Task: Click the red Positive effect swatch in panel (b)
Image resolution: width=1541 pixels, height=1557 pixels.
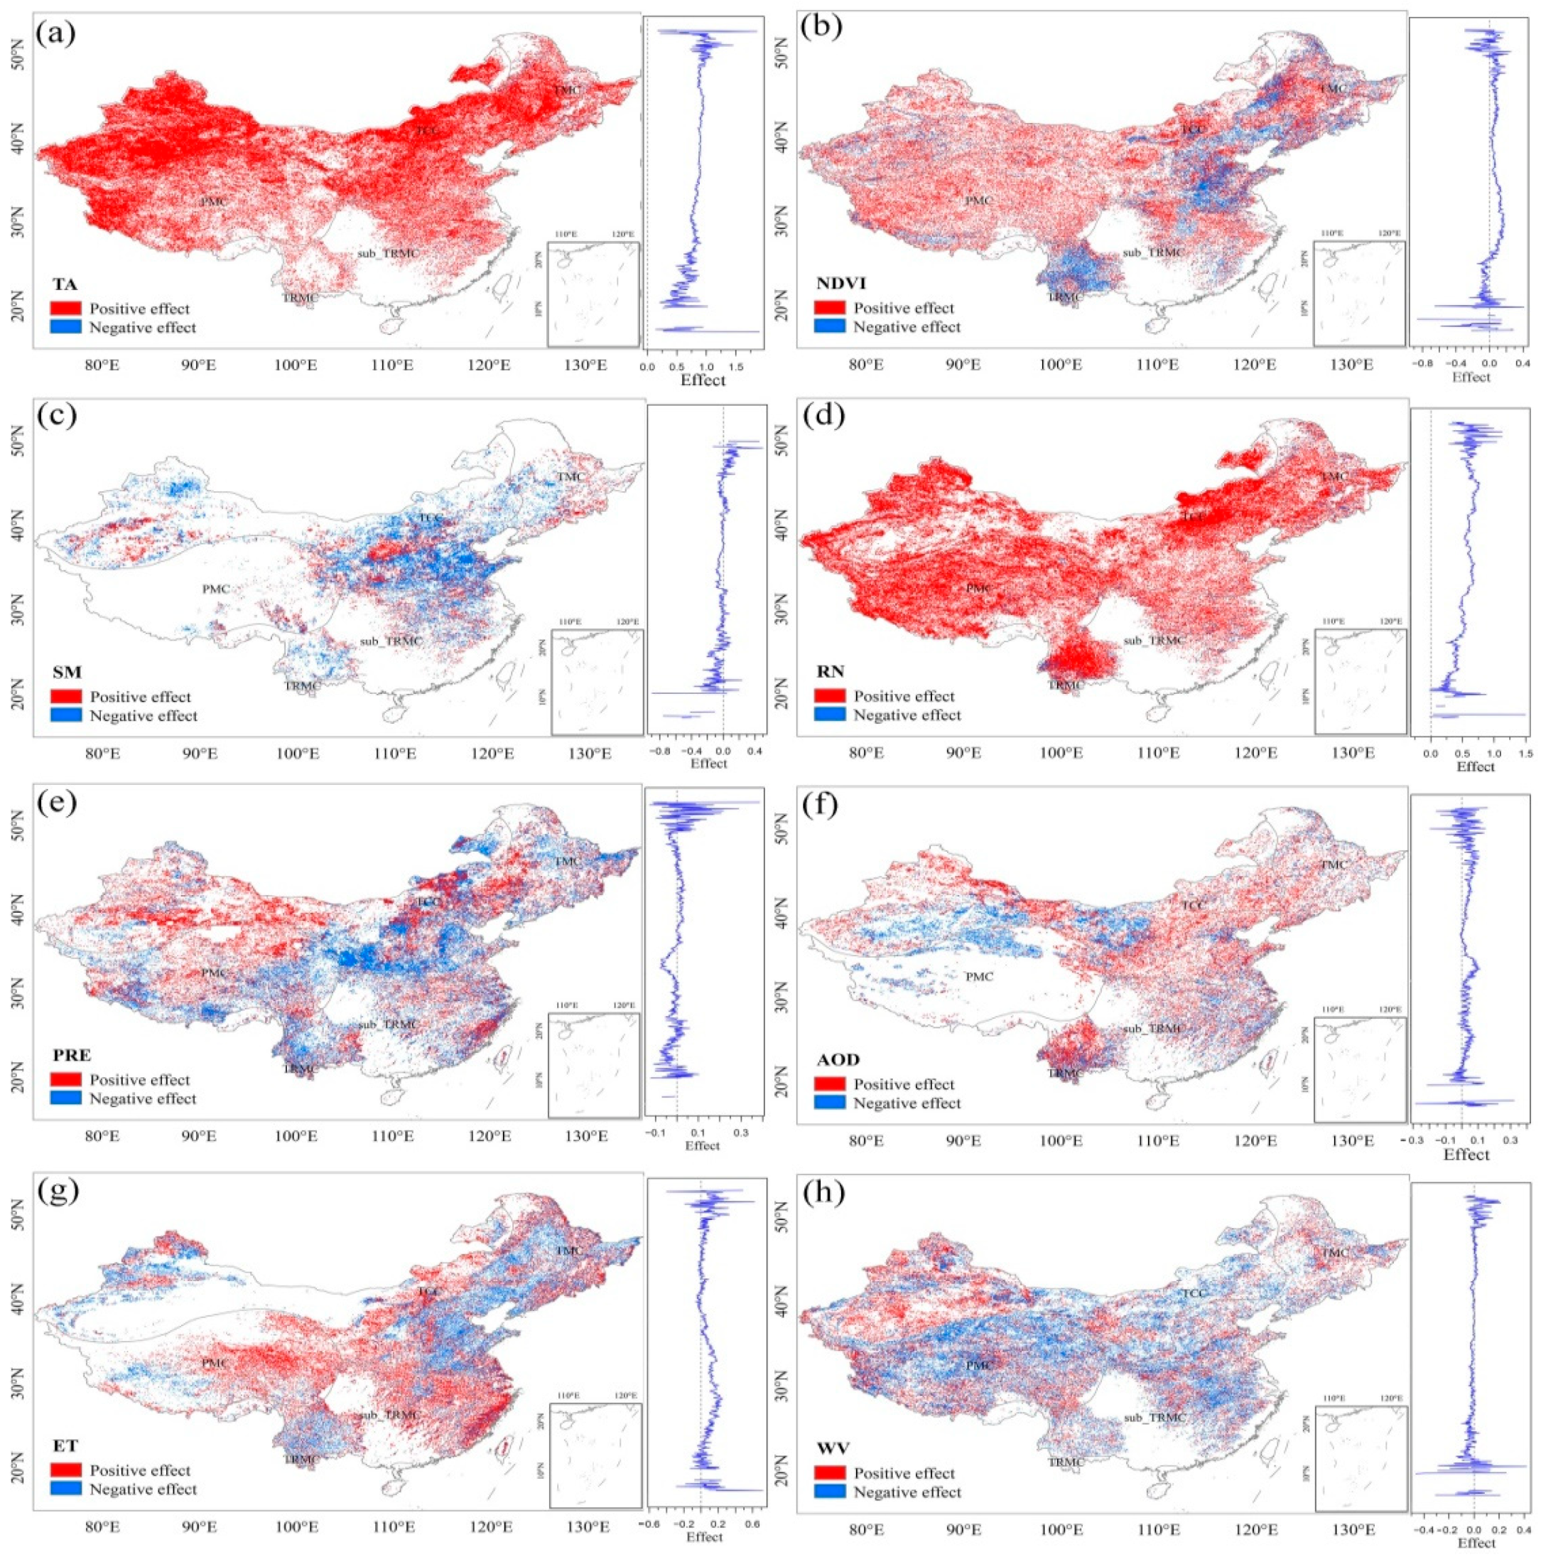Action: [x=829, y=308]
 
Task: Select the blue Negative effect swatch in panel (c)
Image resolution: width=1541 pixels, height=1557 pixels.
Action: [x=65, y=716]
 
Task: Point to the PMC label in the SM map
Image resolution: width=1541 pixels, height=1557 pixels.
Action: [x=216, y=589]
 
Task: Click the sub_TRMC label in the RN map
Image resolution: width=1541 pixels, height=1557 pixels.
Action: [x=1155, y=641]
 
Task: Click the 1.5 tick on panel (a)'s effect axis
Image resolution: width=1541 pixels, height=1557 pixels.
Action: [x=733, y=367]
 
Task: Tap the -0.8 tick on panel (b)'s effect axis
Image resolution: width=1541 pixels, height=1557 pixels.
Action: [x=1423, y=363]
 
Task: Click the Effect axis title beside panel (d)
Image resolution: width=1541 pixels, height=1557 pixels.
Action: [x=1475, y=766]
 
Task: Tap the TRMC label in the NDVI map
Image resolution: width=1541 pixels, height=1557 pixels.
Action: [x=1065, y=296]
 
